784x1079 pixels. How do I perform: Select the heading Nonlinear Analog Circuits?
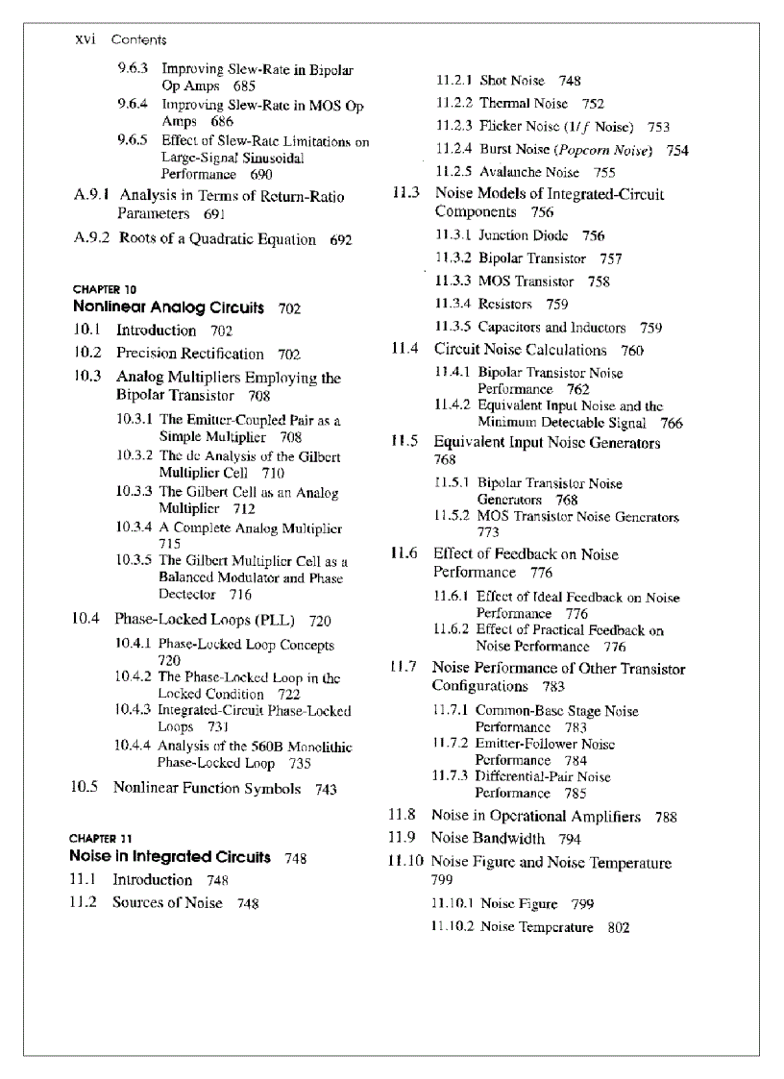pos(168,308)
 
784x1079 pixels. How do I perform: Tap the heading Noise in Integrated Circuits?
pos(169,857)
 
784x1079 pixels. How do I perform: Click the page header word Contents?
pos(138,40)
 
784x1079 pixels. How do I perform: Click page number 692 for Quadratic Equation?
pos(341,240)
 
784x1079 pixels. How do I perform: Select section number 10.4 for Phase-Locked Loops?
pos(86,620)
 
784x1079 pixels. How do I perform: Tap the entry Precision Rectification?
pos(190,354)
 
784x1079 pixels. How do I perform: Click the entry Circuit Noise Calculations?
pos(521,351)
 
